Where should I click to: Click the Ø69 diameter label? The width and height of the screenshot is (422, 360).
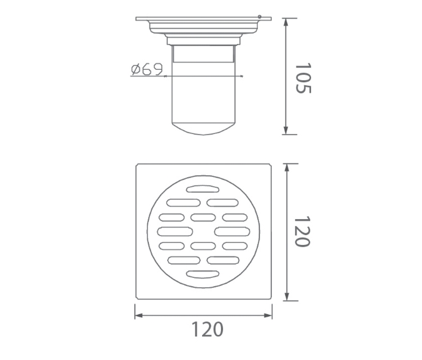[x=146, y=70]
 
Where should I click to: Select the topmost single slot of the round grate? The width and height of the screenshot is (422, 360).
[x=203, y=188]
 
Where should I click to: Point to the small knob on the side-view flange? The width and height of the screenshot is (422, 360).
[x=260, y=18]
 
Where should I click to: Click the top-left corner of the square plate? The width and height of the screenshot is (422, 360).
[x=137, y=164]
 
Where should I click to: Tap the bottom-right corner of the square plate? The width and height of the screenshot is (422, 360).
[x=271, y=300]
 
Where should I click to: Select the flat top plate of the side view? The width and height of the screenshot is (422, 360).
[x=203, y=20]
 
